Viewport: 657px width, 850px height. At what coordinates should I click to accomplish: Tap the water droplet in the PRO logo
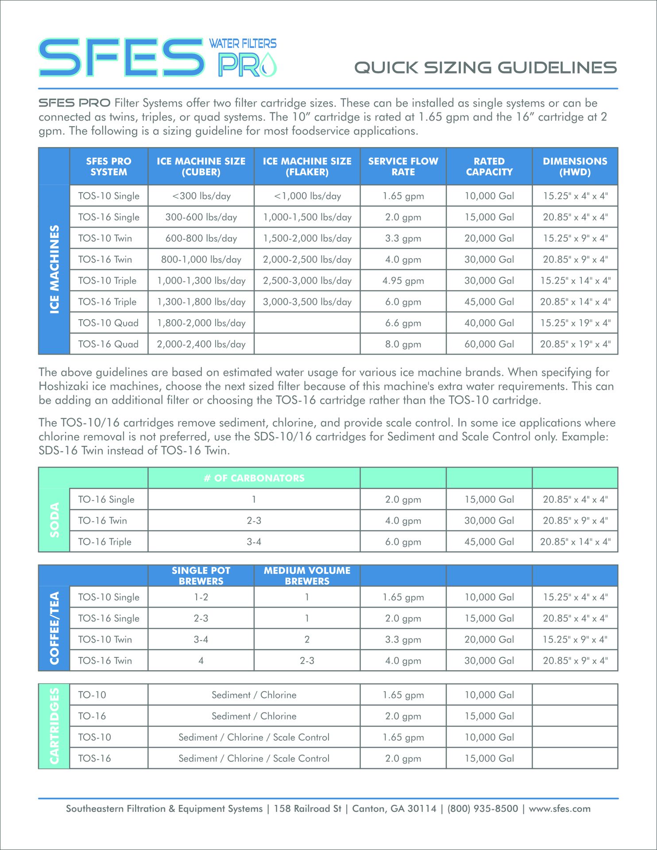pos(268,66)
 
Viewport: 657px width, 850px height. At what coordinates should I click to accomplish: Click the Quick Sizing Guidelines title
pos(485,68)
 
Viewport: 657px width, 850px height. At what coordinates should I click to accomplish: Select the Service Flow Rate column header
pos(403,166)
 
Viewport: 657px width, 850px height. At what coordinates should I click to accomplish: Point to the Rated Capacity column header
pos(489,166)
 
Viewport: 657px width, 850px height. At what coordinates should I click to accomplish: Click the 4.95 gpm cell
pos(403,281)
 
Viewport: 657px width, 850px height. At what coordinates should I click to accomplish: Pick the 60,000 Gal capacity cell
pos(489,344)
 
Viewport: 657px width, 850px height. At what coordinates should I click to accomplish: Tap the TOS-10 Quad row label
pos(108,323)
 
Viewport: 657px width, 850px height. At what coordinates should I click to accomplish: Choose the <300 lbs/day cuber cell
pos(201,196)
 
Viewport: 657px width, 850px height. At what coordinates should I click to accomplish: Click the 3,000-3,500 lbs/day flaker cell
pos(307,302)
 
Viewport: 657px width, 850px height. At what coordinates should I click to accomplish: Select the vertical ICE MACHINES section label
pos(54,269)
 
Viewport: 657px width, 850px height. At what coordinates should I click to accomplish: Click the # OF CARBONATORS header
pos(254,478)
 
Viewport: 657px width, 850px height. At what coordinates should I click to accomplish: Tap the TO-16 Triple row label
pos(104,542)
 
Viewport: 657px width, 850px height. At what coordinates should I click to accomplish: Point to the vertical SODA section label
pos(54,520)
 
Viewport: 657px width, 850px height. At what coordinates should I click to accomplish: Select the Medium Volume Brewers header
pos(307,576)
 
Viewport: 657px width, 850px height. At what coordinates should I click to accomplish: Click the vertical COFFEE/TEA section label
pos(54,628)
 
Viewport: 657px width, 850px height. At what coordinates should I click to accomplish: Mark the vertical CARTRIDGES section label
pos(54,726)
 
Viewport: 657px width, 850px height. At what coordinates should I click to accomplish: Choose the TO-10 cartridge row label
pos(92,695)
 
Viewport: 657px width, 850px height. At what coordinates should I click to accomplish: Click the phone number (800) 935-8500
pos(482,809)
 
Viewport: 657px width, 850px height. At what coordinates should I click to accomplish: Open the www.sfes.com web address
pos(559,809)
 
